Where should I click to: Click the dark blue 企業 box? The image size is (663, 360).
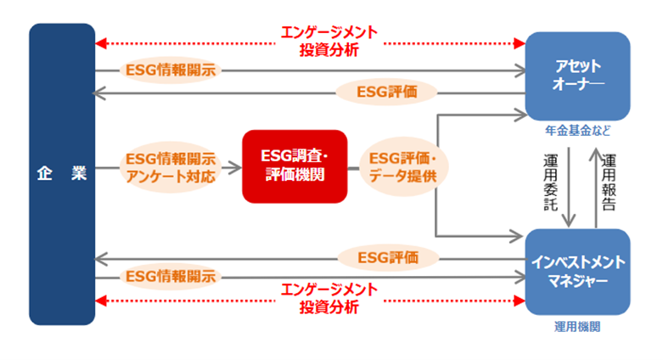(x=61, y=173)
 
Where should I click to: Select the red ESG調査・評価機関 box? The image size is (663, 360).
(x=295, y=166)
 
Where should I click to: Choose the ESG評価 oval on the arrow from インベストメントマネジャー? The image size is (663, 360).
(x=387, y=256)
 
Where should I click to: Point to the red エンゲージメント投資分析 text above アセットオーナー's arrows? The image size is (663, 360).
(x=329, y=41)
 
